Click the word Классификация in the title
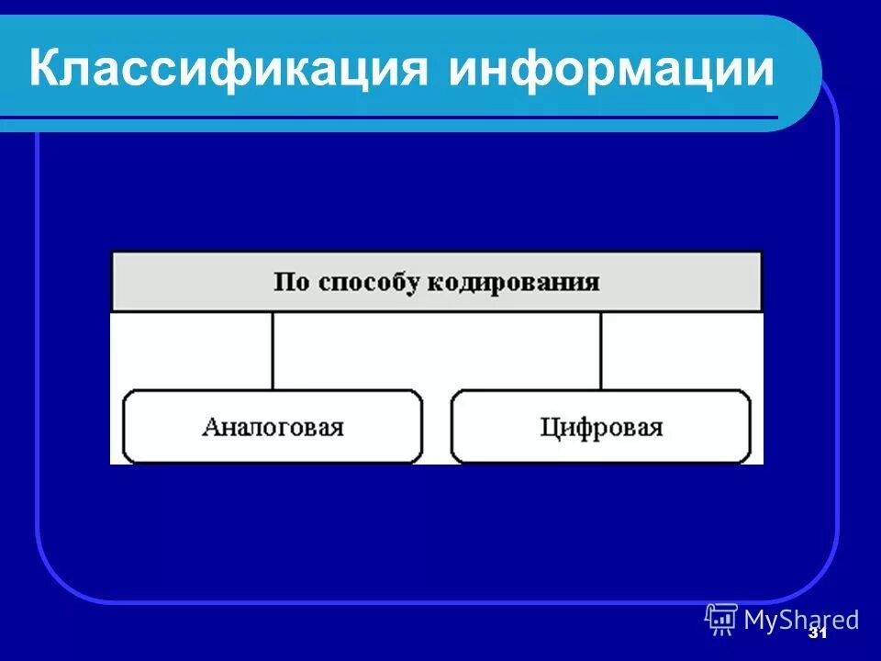click(230, 71)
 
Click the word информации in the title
click(611, 71)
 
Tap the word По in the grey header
click(292, 282)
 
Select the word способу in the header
click(378, 282)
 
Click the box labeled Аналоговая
click(273, 427)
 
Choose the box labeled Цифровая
click(601, 427)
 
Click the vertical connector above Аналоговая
click(273, 351)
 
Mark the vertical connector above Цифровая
click(601, 351)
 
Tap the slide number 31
click(817, 633)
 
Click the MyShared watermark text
click(801, 620)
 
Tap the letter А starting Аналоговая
click(210, 427)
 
